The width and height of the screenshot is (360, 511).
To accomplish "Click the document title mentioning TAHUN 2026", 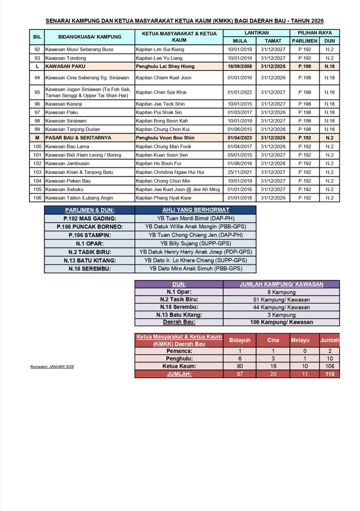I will coord(184,20).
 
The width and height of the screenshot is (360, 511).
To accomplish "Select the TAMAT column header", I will coord(273,41).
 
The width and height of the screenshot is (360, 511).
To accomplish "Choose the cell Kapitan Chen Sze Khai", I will coord(161,92).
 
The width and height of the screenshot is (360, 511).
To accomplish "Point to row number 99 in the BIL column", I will coord(37,129).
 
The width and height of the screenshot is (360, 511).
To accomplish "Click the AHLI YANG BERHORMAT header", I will coord(196,210).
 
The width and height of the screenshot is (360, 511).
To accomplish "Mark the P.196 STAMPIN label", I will coord(90,234).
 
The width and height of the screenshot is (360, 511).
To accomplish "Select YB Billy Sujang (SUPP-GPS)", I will coord(196,243).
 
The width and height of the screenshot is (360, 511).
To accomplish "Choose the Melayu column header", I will coord(299,340).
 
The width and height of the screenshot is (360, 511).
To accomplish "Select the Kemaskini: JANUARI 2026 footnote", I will coord(52,367).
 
